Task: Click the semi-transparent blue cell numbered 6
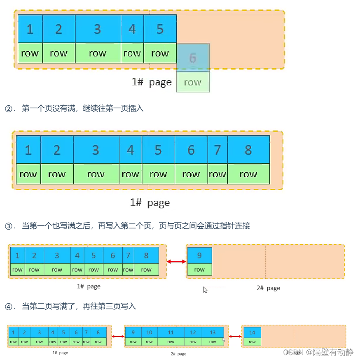click(x=193, y=58)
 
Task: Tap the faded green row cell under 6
click(x=193, y=82)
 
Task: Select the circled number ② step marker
click(x=9, y=109)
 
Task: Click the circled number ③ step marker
click(x=9, y=226)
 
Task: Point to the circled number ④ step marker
click(x=9, y=307)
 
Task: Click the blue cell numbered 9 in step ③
click(x=199, y=255)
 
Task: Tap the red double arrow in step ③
click(x=176, y=261)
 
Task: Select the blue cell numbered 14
click(x=252, y=332)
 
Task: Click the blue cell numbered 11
click(x=171, y=332)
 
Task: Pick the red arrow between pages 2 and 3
click(x=235, y=337)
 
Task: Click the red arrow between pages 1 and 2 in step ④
click(x=118, y=337)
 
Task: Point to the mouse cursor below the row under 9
click(x=205, y=290)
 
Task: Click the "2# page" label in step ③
click(x=268, y=288)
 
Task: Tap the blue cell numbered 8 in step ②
click(x=248, y=150)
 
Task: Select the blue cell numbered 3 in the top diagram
click(x=98, y=29)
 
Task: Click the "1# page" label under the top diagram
click(x=151, y=82)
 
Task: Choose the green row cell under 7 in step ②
click(x=217, y=174)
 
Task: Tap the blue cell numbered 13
click(x=213, y=332)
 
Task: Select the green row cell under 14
click(x=252, y=342)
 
